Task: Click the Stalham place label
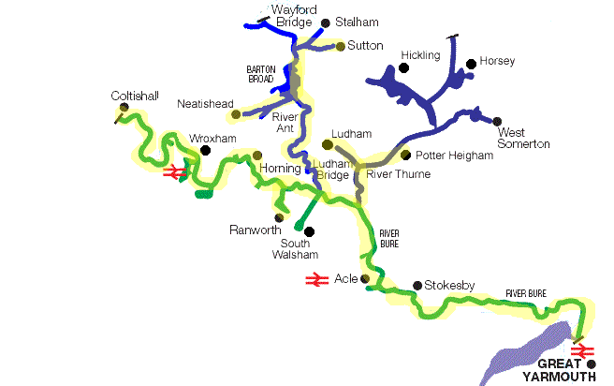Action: tap(355, 22)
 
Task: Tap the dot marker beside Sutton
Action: tap(340, 46)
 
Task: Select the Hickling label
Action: tap(420, 56)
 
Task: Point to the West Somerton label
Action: tap(523, 137)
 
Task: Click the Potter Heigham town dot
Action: tap(405, 155)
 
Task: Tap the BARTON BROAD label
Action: tap(260, 75)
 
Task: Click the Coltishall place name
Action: tap(135, 96)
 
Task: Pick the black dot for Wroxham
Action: tap(205, 149)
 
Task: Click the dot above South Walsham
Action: tap(310, 231)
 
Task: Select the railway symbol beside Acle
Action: tap(315, 279)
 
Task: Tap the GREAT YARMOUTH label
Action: tap(565, 370)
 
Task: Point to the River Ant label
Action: tap(285, 123)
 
